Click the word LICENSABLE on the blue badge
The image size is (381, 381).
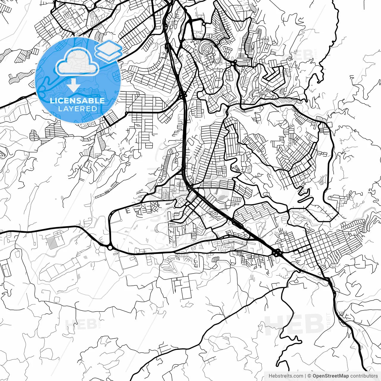pyautogui.click(x=77, y=101)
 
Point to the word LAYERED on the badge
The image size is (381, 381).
pyautogui.click(x=77, y=109)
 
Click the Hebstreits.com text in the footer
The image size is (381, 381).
pyautogui.click(x=286, y=376)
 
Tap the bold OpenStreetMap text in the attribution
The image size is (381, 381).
pyautogui.click(x=331, y=376)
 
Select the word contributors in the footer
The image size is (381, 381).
pyautogui.click(x=364, y=376)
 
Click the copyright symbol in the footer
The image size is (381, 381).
pyautogui.click(x=309, y=376)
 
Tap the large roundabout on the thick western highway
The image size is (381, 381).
pyautogui.click(x=110, y=247)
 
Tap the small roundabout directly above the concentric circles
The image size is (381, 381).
pyautogui.click(x=203, y=23)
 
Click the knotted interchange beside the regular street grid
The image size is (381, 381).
pyautogui.click(x=277, y=253)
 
